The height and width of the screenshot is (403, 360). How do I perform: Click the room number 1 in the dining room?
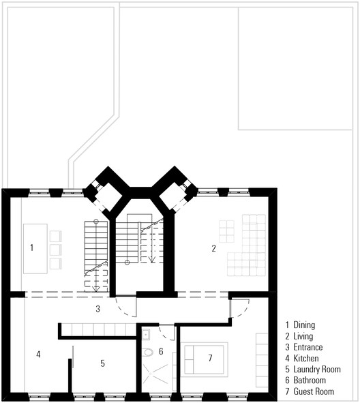(x=31, y=248)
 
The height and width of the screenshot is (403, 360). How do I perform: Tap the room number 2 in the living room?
(x=213, y=248)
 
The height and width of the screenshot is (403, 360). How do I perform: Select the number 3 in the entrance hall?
(x=97, y=310)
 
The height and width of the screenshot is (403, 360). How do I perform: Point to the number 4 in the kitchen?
(x=38, y=354)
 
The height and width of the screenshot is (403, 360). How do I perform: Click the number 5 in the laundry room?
(x=103, y=363)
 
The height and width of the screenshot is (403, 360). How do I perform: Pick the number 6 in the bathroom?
(x=161, y=351)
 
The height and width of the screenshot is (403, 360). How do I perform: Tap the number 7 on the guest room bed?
(x=211, y=357)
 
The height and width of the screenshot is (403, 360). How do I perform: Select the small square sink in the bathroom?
(x=146, y=335)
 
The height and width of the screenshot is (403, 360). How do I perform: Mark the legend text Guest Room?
(x=314, y=391)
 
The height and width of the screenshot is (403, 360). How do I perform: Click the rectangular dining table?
(x=35, y=248)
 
